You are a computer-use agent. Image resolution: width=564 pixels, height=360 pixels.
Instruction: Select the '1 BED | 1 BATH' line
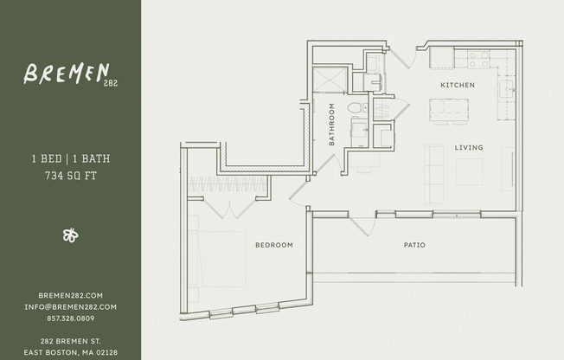(71, 159)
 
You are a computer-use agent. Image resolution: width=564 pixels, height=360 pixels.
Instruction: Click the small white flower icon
(71, 235)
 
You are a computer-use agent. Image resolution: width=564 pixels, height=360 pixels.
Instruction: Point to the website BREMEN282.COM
(71, 295)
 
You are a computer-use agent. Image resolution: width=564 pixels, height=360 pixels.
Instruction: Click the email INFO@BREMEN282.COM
(71, 306)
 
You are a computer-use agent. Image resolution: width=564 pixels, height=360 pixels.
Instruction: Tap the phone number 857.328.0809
(71, 318)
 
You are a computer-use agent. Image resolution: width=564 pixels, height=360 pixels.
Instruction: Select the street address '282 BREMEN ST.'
(71, 341)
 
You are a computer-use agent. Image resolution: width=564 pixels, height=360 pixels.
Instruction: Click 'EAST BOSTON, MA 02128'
(71, 352)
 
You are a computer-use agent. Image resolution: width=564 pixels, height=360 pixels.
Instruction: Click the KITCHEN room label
(458, 85)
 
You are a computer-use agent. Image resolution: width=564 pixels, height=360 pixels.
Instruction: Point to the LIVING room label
(469, 147)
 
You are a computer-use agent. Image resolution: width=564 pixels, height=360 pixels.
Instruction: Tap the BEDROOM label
(273, 245)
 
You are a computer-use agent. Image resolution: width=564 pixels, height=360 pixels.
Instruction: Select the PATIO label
(414, 245)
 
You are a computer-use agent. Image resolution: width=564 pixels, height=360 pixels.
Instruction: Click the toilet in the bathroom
(353, 108)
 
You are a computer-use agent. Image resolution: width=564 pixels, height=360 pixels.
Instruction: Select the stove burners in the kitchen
(477, 60)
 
